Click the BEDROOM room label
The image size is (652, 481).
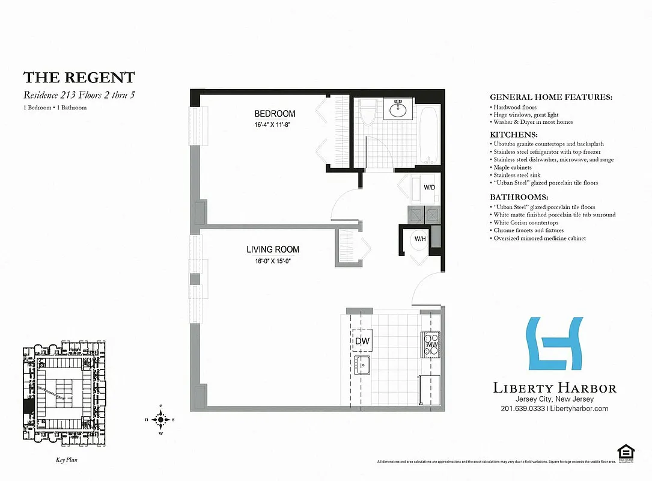pyautogui.click(x=275, y=114)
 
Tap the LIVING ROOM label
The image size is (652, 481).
pyautogui.click(x=272, y=250)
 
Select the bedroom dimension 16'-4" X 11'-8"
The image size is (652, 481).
pyautogui.click(x=275, y=124)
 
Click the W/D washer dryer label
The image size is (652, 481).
pyautogui.click(x=430, y=187)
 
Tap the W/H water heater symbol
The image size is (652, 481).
pyautogui.click(x=420, y=239)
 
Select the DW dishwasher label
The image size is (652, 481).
pyautogui.click(x=362, y=342)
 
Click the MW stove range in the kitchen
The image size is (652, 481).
pyautogui.click(x=431, y=344)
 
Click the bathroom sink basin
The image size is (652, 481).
pyautogui.click(x=398, y=109)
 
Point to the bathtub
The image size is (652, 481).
pyautogui.click(x=428, y=135)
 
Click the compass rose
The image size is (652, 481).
pyautogui.click(x=160, y=420)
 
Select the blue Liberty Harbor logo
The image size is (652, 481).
pyautogui.click(x=554, y=343)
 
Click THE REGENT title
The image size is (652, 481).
pyautogui.click(x=79, y=78)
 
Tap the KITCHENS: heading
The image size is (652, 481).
pyautogui.click(x=514, y=135)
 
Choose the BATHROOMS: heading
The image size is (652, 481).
pyautogui.click(x=519, y=197)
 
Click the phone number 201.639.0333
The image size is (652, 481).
pyautogui.click(x=522, y=408)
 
